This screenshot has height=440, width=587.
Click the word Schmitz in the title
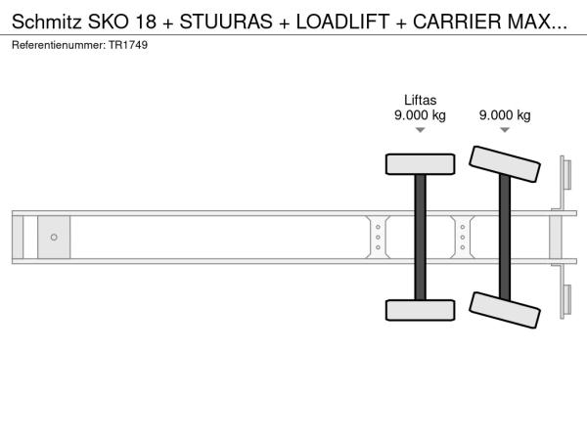point(46,22)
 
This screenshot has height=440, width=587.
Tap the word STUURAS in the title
point(226,22)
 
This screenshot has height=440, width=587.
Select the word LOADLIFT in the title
point(342,22)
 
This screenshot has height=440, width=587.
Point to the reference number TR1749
point(128,45)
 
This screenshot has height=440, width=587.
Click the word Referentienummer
point(59,45)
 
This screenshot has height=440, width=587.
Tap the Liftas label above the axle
point(420,101)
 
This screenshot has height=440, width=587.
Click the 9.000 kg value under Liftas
point(420,114)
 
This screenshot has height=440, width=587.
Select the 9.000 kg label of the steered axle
point(505,114)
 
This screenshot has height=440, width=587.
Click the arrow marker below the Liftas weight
point(421,130)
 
